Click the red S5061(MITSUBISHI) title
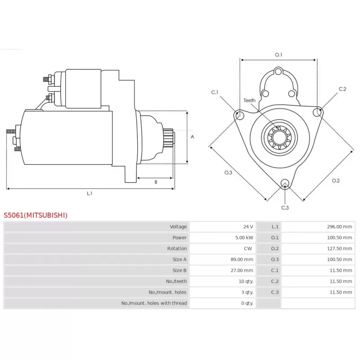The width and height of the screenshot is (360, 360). [36, 215]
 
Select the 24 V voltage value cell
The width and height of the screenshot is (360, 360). [248, 227]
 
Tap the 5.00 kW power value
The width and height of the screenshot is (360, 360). [244, 238]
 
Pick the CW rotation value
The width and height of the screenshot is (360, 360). [248, 248]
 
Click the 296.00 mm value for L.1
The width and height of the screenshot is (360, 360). [339, 227]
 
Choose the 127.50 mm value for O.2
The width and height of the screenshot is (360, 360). [339, 248]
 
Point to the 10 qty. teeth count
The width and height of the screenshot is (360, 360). [246, 281]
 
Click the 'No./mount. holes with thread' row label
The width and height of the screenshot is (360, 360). [154, 303]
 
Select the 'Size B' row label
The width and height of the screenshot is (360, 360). [180, 270]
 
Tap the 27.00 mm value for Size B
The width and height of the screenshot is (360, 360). [242, 270]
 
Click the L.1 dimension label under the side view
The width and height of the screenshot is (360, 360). [90, 193]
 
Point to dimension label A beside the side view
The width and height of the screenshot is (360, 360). [193, 137]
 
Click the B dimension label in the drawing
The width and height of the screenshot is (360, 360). [156, 182]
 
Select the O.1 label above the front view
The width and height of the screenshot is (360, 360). [279, 55]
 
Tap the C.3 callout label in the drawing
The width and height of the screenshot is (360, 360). [285, 208]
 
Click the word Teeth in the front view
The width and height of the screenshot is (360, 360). [249, 100]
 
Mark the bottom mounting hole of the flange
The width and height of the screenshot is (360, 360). [285, 184]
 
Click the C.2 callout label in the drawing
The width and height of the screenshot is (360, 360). [342, 89]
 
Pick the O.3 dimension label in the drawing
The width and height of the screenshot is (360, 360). [228, 173]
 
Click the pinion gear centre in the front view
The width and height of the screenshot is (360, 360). [279, 138]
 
